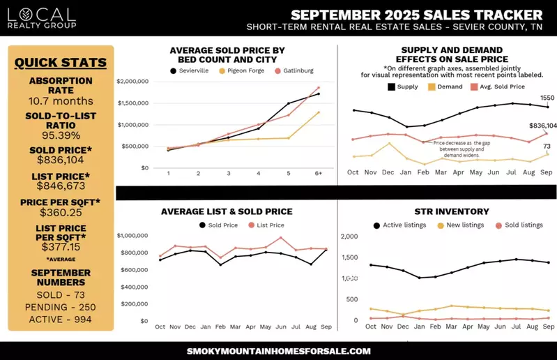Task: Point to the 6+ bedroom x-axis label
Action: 318,173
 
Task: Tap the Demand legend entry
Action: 445,87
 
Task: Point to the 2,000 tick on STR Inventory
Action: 349,237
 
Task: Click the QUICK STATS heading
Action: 61,63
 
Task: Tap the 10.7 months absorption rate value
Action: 61,101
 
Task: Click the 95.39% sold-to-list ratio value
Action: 61,135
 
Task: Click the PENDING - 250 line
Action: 61,308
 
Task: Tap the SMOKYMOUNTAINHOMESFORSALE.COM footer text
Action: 279,351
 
